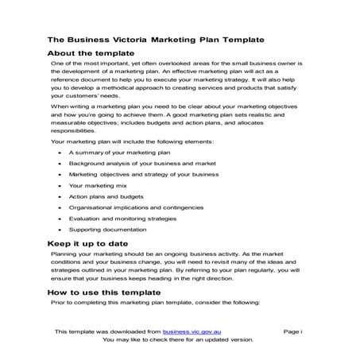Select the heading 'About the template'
click(x=90, y=52)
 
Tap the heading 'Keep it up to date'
click(x=87, y=243)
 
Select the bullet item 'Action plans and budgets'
click(x=103, y=195)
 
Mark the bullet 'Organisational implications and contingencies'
click(x=131, y=207)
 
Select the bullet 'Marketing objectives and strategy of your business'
click(x=143, y=172)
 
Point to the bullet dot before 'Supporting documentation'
click(x=60, y=229)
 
